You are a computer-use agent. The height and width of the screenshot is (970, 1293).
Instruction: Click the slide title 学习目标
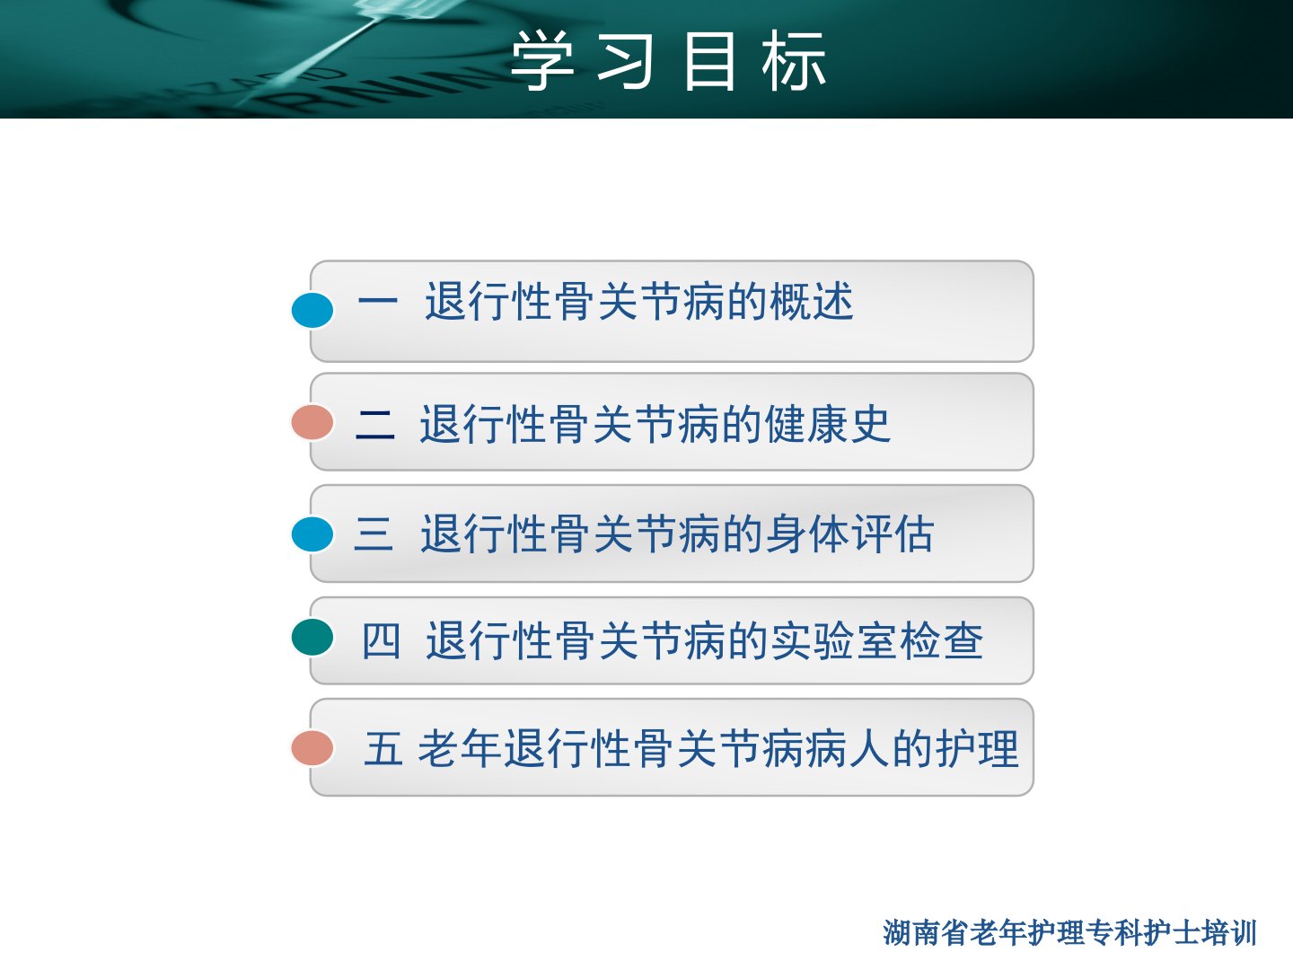click(668, 61)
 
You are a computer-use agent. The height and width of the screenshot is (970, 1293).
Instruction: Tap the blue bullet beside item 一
click(312, 310)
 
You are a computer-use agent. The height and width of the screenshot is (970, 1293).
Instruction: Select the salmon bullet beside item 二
click(312, 422)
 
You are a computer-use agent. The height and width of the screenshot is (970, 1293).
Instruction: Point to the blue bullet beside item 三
click(312, 534)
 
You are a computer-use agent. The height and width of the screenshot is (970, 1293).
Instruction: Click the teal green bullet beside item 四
click(312, 638)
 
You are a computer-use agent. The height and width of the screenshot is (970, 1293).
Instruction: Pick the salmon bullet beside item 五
click(312, 748)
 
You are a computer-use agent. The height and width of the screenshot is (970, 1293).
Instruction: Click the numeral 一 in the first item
click(378, 301)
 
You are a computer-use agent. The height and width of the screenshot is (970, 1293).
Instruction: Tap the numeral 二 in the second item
click(375, 424)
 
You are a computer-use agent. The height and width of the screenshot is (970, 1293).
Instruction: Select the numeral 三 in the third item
click(374, 533)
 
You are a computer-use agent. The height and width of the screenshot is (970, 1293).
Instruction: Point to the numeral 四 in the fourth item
click(381, 640)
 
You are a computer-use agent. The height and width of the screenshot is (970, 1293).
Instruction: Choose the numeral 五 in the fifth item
click(383, 748)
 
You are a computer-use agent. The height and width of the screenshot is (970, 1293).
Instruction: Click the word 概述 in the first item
click(812, 301)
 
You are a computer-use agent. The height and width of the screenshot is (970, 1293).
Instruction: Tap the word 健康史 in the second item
click(828, 424)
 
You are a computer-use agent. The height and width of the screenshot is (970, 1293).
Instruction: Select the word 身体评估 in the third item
click(850, 533)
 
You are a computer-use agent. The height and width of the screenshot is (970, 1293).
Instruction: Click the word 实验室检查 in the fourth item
click(877, 640)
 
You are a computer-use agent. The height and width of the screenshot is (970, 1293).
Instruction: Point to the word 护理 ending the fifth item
click(977, 748)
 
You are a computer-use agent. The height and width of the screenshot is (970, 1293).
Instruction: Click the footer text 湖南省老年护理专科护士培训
click(1069, 933)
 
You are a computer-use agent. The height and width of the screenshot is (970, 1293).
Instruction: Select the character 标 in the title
click(794, 61)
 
